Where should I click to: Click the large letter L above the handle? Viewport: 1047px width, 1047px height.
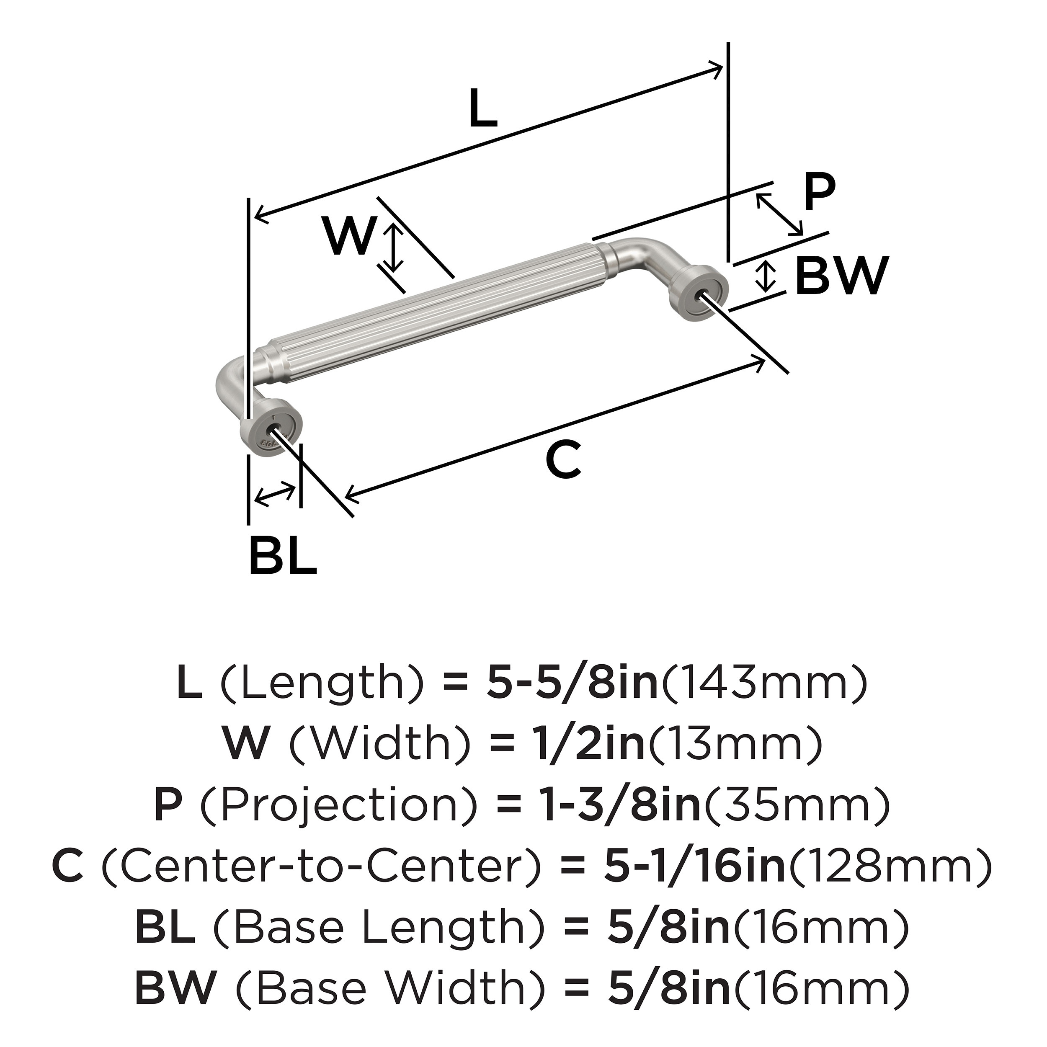pos(482,108)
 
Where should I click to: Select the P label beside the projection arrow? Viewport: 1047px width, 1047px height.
pos(820,193)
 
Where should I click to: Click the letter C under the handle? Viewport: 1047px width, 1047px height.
pos(564,460)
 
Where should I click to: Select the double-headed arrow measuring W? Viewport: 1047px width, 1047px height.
pos(395,249)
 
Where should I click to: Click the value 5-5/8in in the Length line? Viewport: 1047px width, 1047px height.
pos(571,683)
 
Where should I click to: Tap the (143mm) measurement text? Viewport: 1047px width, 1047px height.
pos(764,683)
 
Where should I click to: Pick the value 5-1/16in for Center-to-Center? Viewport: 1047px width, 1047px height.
pos(694,866)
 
